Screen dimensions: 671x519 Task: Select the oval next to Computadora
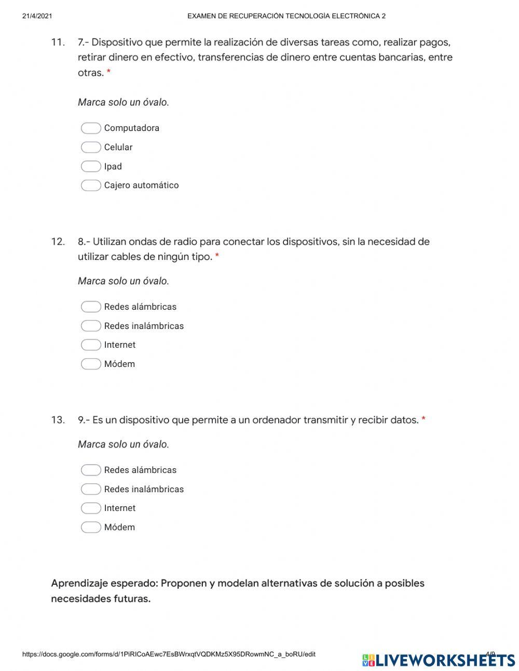91,128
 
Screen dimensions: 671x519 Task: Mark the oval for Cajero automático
91,186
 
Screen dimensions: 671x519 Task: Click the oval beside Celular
91,147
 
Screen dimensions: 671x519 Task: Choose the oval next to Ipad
91,166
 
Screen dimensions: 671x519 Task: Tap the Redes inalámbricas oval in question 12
91,326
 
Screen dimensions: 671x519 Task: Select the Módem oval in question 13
91,527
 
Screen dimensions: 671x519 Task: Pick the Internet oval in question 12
91,345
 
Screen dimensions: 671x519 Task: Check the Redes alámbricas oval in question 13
91,470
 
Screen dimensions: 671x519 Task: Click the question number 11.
58,42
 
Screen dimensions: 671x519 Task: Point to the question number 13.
58,420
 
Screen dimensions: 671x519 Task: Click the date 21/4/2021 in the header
37,16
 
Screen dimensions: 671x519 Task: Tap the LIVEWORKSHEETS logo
439,660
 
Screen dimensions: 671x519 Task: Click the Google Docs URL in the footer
169,654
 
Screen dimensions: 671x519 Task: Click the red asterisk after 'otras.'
108,72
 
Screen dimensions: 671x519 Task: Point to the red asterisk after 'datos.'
424,419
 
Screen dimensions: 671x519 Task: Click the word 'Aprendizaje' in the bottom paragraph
79,583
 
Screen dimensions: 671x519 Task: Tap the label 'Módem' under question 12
119,364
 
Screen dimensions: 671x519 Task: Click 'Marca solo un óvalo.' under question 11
124,102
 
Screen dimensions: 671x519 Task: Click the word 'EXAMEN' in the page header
202,16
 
